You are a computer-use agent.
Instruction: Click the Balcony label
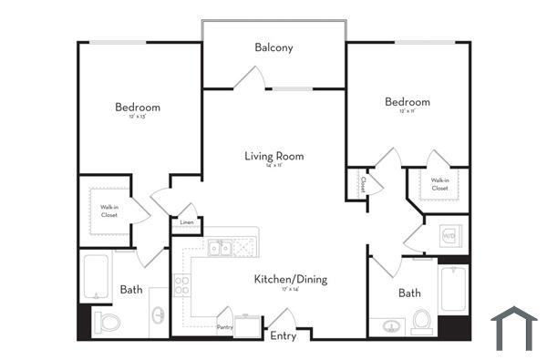pos(273,47)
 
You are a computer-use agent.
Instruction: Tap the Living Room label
pos(273,156)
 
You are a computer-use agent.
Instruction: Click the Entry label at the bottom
pos(284,335)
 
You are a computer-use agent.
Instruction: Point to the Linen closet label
pos(187,222)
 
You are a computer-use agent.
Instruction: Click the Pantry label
pos(224,326)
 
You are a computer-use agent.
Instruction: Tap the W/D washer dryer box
pos(449,235)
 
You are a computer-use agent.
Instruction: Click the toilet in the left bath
pos(108,322)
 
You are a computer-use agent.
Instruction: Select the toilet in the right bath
pos(421,322)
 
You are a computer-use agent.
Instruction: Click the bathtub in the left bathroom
pos(96,277)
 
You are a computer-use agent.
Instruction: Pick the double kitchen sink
pos(219,247)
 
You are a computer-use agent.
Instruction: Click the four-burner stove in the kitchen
pos(181,284)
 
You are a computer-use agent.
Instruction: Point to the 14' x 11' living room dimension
pos(273,167)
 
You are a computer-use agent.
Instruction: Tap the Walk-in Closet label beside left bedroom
pos(108,211)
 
